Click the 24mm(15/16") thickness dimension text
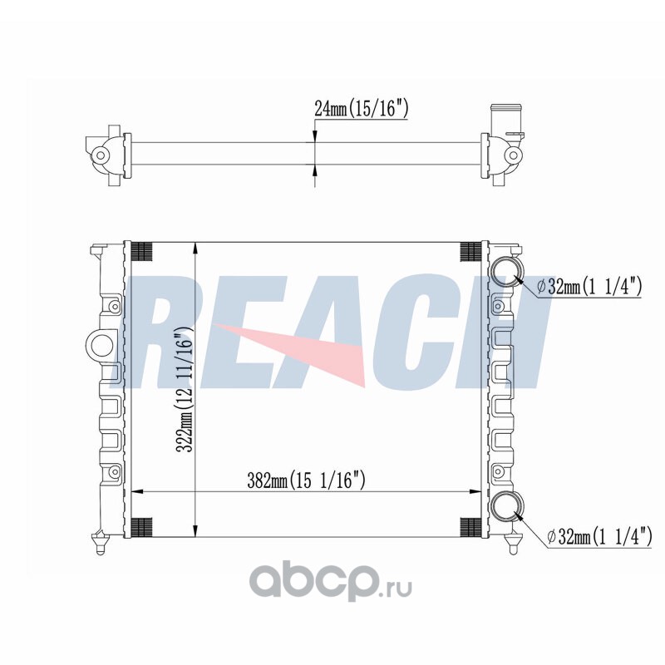coord(361,109)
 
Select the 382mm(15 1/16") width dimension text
coord(306,481)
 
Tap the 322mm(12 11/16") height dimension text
coord(185,390)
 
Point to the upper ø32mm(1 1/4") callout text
coord(589,286)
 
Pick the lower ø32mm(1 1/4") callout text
coord(599,537)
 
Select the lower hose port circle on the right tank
coord(507,507)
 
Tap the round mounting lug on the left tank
coord(100,344)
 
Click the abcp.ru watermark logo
coord(330,584)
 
